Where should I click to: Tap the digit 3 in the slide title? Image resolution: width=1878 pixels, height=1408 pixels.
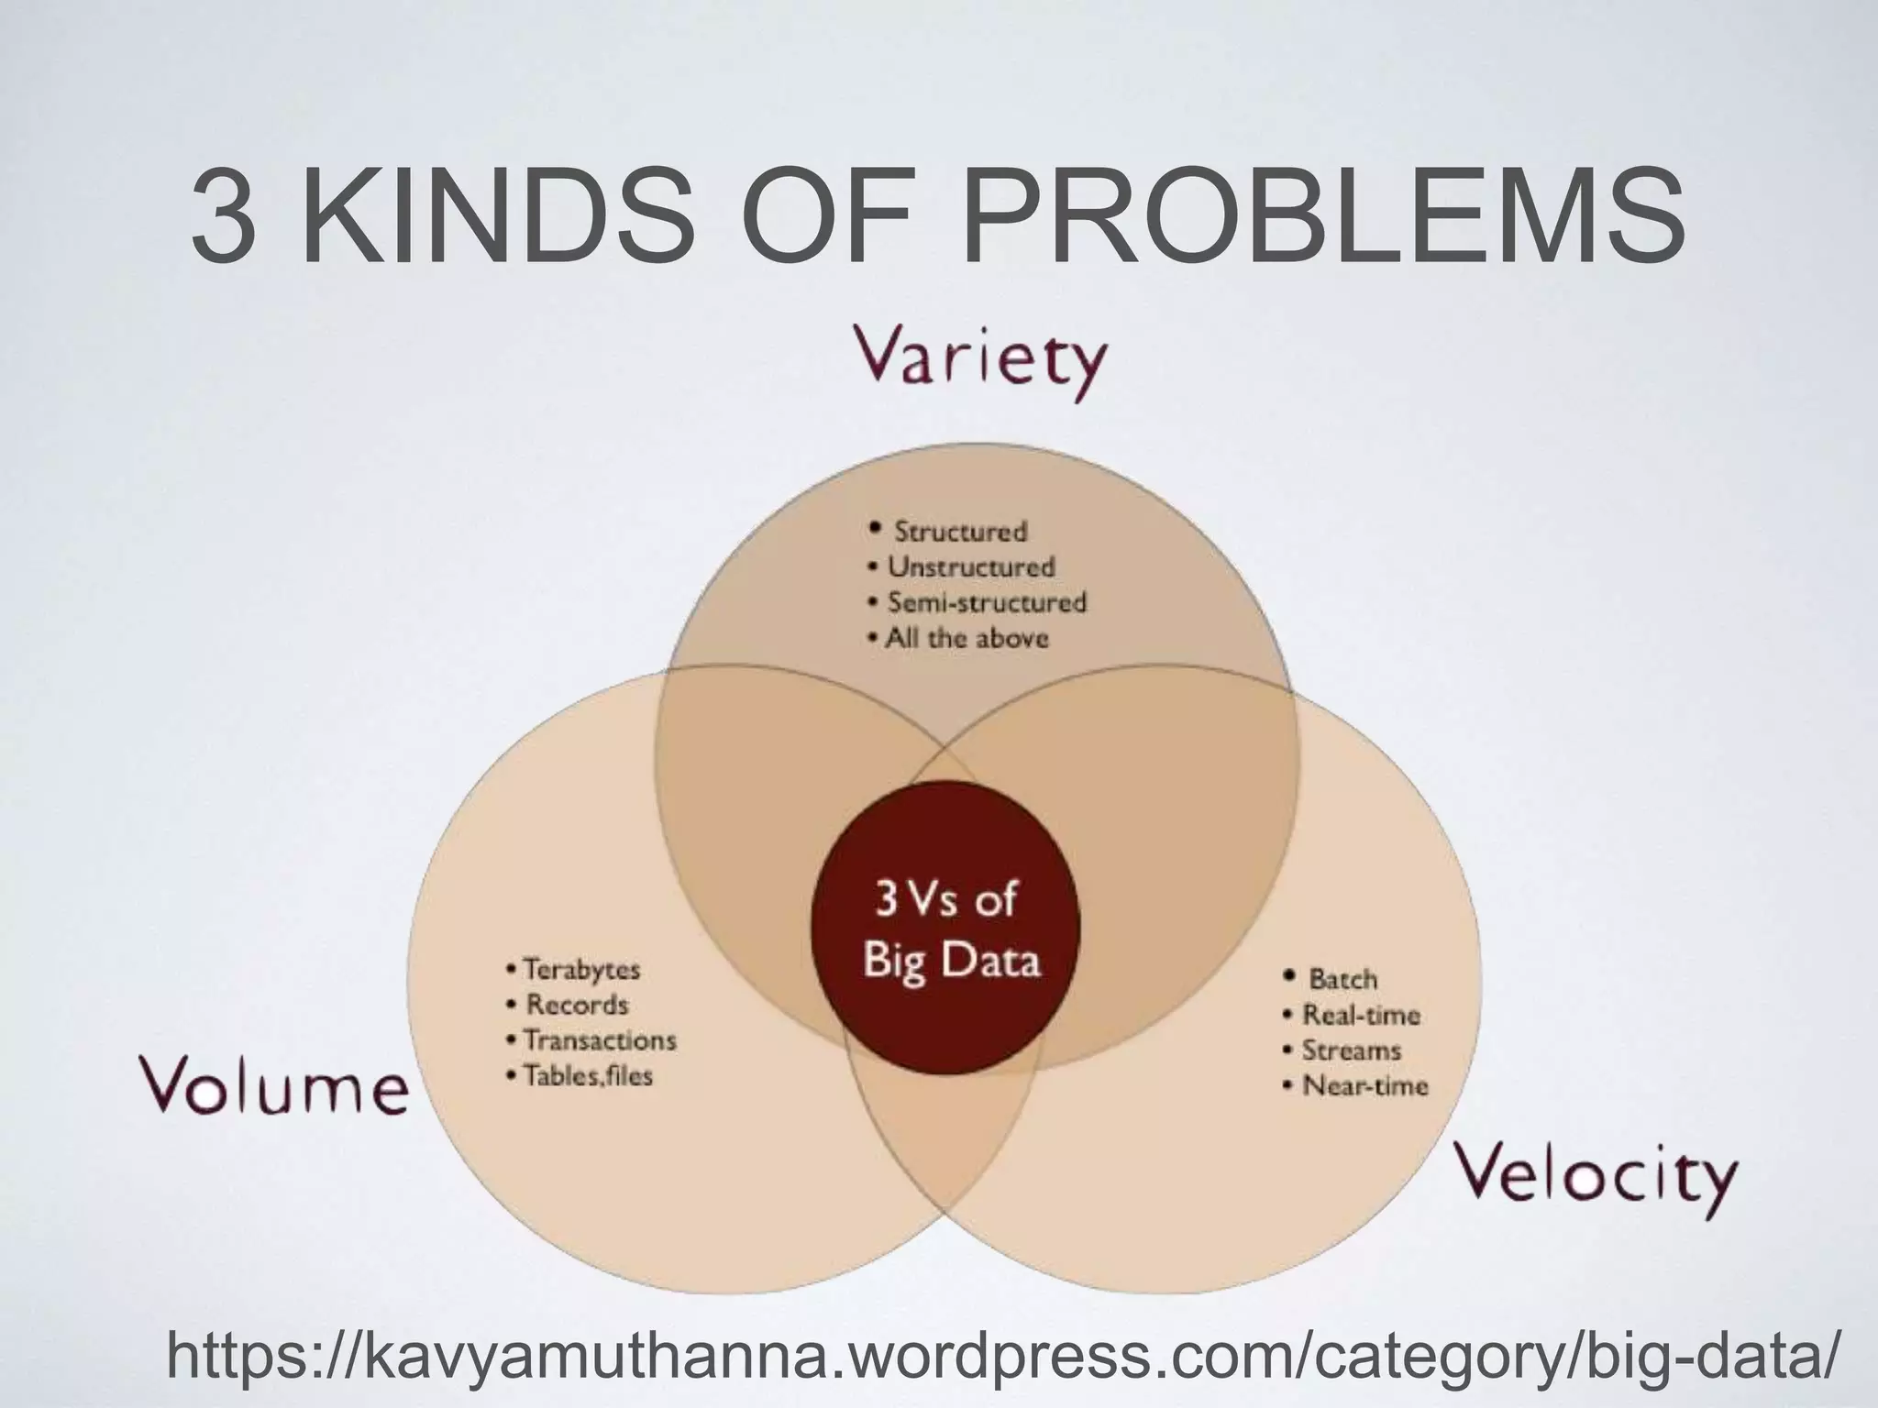(223, 220)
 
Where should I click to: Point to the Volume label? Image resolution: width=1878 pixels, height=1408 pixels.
(273, 1088)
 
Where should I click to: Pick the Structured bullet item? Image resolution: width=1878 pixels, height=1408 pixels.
(959, 532)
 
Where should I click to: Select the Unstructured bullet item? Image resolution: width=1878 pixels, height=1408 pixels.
(970, 567)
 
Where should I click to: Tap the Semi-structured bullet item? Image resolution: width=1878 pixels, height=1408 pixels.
(985, 603)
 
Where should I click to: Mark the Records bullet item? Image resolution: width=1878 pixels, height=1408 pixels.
(576, 1005)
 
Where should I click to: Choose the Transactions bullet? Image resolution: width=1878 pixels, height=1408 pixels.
(599, 1040)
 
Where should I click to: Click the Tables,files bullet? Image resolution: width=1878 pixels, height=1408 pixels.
(587, 1076)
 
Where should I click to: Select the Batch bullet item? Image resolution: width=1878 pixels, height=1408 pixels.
(1342, 980)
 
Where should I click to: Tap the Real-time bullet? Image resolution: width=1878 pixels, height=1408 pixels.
(1361, 1016)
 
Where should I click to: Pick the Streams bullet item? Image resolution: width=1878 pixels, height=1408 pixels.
(1351, 1050)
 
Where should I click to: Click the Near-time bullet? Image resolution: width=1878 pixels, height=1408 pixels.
(1364, 1087)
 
